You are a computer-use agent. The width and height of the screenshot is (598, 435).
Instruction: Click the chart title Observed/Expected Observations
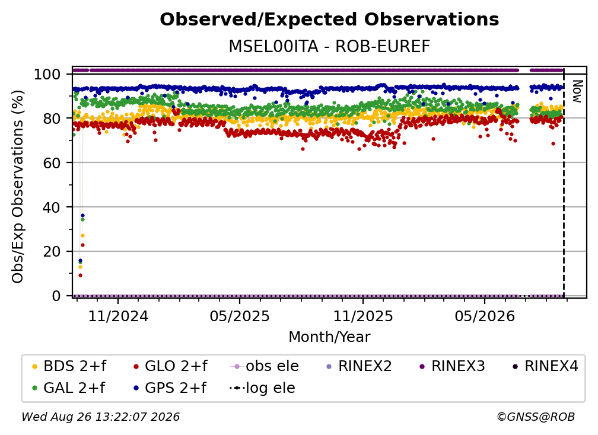pos(329,20)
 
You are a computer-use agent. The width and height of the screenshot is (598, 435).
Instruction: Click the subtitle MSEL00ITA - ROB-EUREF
pos(329,47)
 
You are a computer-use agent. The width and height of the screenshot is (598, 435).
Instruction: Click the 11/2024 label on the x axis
pos(118,316)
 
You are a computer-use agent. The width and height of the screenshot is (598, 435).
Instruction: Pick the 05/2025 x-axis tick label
pos(240,316)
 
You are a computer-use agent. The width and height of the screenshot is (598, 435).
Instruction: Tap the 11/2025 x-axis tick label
pos(363,316)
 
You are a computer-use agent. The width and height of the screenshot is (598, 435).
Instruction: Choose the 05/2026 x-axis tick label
pos(485,316)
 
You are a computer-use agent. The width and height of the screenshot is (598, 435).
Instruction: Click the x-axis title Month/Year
pos(329,337)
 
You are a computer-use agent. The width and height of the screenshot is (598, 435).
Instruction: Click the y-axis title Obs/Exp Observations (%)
pos(18,187)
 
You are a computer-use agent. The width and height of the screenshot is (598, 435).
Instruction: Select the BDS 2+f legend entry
pos(69,366)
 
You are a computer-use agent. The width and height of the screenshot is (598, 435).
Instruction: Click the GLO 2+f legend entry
pos(170,366)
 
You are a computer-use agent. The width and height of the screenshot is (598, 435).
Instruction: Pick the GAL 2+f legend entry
pos(69,388)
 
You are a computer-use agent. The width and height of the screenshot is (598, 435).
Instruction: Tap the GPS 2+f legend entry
pos(170,388)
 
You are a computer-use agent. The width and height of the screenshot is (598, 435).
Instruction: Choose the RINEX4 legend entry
pos(545,366)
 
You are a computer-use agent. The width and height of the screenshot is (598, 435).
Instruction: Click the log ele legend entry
pos(262,388)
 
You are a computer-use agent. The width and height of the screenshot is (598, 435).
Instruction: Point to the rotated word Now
pos(577,91)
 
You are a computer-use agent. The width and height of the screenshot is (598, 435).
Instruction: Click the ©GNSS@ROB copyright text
pos(536,417)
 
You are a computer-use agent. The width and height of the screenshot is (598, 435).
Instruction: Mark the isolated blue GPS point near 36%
pos(83,216)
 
